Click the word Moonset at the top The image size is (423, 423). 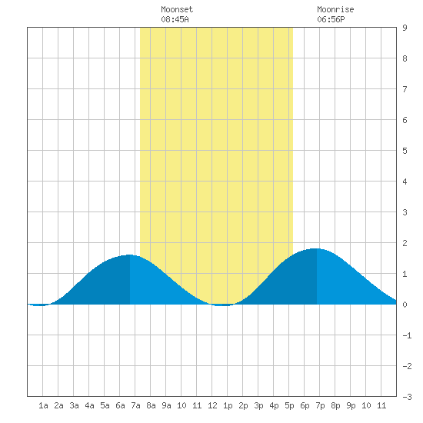pos(177,9)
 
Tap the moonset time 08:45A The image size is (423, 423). pos(175,19)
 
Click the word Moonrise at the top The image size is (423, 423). pos(335,9)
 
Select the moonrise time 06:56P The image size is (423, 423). pos(331,19)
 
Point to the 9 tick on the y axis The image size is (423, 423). pos(405,28)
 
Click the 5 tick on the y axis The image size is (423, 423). pos(405,151)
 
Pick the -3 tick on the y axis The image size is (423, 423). pos(408,397)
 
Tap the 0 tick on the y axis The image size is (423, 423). pos(405,305)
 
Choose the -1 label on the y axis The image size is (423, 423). pos(408,335)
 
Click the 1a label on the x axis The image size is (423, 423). pos(43,405)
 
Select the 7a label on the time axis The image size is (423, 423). pos(135,405)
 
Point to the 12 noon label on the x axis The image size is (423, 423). pos(212,405)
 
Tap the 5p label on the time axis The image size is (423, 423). pos(289,405)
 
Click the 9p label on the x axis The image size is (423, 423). pos(351,405)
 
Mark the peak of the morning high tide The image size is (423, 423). pos(130,255)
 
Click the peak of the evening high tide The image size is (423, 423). pos(317,248)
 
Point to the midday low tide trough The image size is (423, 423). pos(222,305)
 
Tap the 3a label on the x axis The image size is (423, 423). pos(74,405)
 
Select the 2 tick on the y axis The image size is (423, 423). pos(405,243)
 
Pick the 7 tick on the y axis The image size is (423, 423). pos(405,89)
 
